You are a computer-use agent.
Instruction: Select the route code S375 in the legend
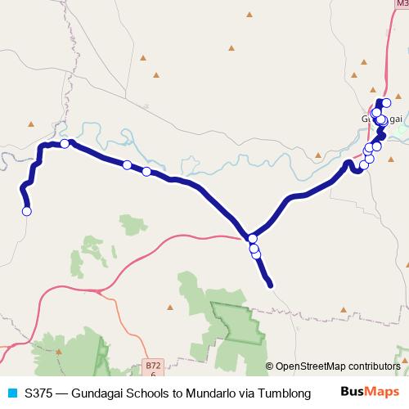[40, 393]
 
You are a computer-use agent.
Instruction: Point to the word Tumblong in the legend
[285, 393]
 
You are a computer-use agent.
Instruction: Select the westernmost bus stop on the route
[27, 211]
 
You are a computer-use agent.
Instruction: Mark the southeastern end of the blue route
[270, 285]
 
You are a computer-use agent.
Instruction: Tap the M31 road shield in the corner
[399, 4]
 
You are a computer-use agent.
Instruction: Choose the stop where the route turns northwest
[253, 239]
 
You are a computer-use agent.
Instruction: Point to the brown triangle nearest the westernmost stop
[32, 124]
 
